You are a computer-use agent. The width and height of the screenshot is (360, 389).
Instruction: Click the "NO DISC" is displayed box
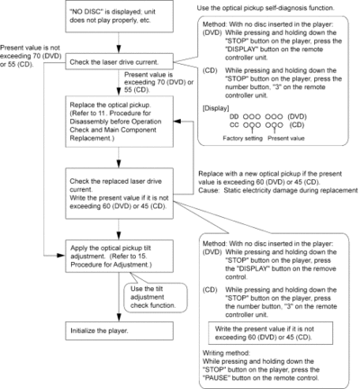(x=119, y=16)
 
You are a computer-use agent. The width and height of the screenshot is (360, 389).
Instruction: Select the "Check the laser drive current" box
(x=119, y=61)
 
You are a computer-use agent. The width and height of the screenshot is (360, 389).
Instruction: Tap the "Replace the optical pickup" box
(x=119, y=122)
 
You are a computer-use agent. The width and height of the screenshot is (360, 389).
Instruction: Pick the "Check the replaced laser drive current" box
(x=119, y=194)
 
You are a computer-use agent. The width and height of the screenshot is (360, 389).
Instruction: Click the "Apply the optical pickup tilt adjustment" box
(x=119, y=256)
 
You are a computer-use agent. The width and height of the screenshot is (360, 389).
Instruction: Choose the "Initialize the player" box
(x=119, y=330)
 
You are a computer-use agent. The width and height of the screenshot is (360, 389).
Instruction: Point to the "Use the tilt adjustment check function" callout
(x=156, y=297)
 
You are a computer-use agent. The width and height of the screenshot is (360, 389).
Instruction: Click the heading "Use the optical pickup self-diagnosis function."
(x=265, y=8)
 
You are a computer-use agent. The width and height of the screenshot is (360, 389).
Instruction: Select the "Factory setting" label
(x=242, y=138)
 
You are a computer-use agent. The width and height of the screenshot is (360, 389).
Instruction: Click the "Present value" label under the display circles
(x=286, y=138)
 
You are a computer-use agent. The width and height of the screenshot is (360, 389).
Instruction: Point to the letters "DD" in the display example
(x=234, y=116)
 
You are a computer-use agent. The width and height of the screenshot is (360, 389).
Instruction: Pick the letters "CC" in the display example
(x=234, y=125)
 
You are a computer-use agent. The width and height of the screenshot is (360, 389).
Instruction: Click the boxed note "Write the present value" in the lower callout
(x=271, y=333)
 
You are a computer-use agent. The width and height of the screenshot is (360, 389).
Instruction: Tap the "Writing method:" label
(x=226, y=353)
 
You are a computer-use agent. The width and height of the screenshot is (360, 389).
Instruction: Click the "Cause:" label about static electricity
(x=209, y=190)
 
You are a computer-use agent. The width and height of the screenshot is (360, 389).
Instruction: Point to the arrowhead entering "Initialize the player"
(x=119, y=318)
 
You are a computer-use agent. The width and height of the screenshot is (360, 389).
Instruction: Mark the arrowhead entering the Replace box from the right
(x=177, y=122)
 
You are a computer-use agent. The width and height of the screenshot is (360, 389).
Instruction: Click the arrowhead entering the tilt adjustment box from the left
(x=61, y=256)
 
